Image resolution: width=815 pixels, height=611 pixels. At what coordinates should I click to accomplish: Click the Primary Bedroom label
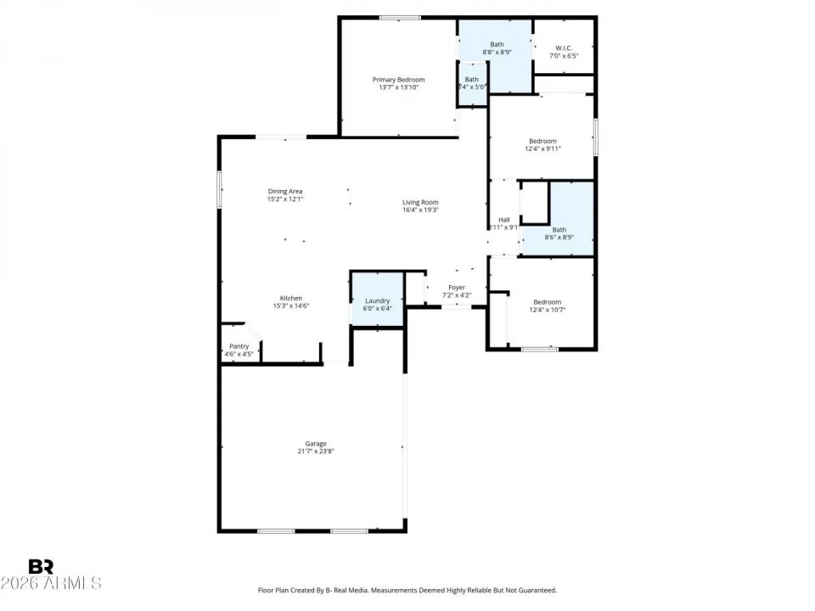398,79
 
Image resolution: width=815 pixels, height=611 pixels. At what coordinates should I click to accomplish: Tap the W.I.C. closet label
565,48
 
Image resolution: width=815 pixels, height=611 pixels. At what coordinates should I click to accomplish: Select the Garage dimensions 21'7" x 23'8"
316,452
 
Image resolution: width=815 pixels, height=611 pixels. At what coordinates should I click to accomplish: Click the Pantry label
239,345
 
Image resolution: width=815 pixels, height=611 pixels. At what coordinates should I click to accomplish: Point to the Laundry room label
377,300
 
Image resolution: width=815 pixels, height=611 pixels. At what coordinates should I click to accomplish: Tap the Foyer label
456,288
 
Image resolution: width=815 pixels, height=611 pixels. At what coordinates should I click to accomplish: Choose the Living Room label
420,202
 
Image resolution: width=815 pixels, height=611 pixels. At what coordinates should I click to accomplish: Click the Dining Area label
285,191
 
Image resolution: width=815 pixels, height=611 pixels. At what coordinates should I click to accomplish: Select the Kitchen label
291,298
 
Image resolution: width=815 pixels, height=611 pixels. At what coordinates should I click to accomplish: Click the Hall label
503,219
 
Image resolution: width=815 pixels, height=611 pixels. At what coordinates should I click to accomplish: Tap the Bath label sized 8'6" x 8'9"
559,229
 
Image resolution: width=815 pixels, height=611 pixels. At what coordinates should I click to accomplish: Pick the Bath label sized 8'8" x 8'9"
497,44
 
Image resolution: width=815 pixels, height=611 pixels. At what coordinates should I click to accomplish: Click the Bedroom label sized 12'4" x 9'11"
542,141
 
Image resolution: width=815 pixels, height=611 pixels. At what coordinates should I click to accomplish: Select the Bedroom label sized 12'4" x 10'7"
547,302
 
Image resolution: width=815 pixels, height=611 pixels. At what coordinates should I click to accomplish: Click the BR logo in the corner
41,566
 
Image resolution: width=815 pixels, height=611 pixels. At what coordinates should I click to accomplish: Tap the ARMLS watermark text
51,584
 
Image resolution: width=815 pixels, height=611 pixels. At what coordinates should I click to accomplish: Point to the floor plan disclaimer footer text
407,590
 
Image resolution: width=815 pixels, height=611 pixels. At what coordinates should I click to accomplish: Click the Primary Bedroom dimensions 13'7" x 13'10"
398,87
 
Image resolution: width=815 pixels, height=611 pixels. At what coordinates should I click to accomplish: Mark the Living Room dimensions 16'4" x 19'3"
420,210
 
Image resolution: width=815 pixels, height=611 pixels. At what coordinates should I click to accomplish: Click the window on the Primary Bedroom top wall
400,17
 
